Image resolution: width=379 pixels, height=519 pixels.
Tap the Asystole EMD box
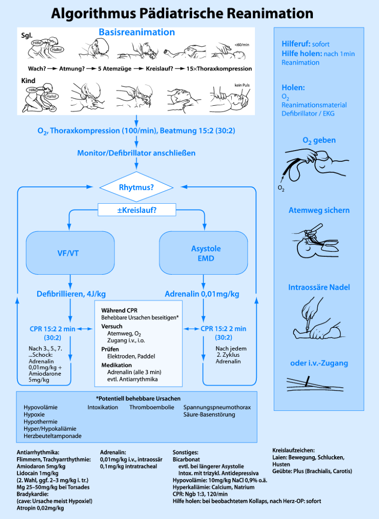pos(206,253)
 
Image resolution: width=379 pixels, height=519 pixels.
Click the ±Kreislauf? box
pos(137,210)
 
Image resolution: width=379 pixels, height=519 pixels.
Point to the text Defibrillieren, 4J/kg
pos(71,294)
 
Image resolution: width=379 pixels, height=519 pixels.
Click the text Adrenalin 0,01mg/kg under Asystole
pos(202,294)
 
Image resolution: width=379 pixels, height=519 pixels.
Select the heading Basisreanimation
pos(137,32)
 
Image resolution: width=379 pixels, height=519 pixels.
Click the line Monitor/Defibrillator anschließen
pos(137,153)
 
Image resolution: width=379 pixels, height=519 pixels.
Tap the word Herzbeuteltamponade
pos(53,435)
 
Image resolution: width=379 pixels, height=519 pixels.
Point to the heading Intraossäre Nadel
pos(319,287)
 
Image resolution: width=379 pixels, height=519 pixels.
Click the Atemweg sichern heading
pos(319,210)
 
